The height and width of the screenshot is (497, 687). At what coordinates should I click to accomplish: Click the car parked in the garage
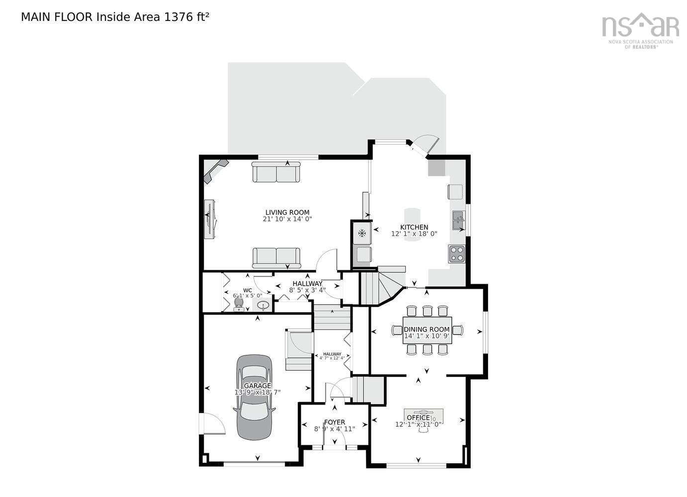point(255,398)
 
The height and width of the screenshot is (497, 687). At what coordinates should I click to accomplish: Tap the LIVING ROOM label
point(287,212)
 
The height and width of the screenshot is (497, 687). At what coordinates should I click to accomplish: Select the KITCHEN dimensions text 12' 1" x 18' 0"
point(414,234)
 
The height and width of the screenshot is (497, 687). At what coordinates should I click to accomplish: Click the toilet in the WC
point(239,304)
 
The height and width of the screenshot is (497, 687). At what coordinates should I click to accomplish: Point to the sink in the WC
point(262,305)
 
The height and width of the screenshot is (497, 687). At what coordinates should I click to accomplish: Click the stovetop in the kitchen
point(457,253)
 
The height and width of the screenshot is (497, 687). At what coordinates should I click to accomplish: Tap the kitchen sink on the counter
point(458,220)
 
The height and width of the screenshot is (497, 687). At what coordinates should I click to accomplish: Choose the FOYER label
point(335,422)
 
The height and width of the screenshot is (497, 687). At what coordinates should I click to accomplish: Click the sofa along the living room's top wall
point(276,172)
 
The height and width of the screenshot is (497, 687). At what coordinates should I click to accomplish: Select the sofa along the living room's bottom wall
point(276,257)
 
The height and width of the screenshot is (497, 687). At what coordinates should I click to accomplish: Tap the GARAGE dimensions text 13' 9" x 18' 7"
point(258,392)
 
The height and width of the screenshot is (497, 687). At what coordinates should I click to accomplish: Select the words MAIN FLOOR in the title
point(56,17)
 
